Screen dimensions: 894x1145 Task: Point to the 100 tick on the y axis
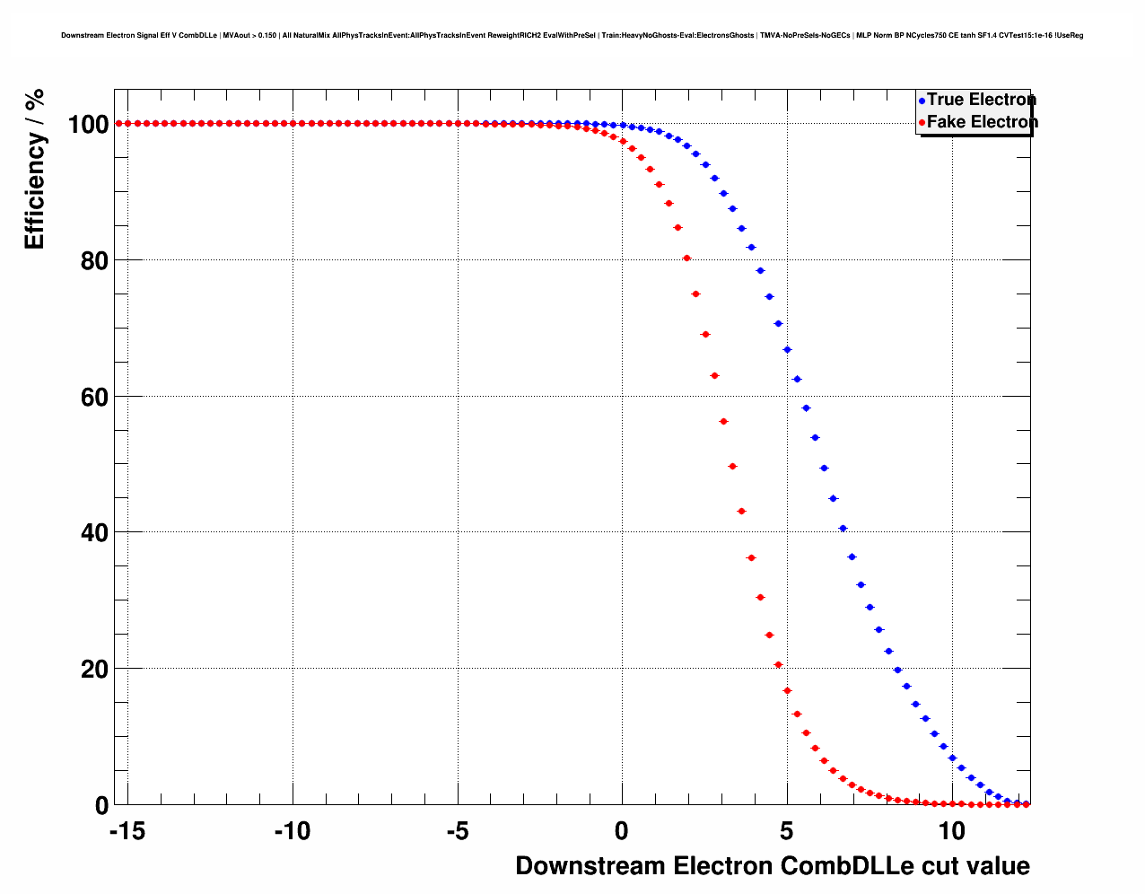tap(89, 124)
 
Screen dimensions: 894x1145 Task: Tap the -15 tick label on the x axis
tap(127, 832)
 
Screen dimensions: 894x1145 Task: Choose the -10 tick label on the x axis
tap(292, 832)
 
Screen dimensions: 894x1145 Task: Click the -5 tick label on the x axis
tap(457, 832)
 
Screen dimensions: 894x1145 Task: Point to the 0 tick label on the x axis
tap(622, 832)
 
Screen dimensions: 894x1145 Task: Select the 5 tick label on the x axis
tap(787, 832)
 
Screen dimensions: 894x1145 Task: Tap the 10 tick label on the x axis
tap(952, 832)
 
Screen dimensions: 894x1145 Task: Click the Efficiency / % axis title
tap(34, 169)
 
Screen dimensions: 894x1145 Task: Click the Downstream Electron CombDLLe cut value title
tap(772, 866)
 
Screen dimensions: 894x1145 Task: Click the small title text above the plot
tap(572, 36)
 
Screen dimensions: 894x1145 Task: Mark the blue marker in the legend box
tap(922, 101)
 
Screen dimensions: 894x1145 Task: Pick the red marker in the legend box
tap(922, 123)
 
